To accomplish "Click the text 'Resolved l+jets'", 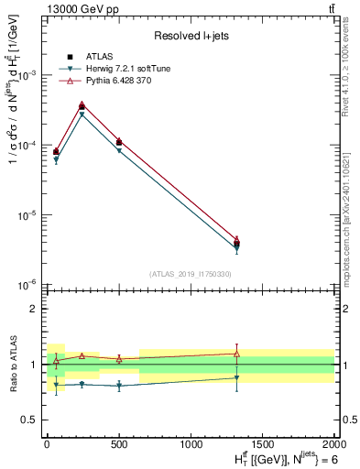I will point(191,36).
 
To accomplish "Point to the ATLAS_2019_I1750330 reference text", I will point(191,274).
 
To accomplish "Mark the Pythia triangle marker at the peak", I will point(82,104).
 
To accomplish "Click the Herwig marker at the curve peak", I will point(82,115).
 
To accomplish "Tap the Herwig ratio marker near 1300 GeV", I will point(236,377).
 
